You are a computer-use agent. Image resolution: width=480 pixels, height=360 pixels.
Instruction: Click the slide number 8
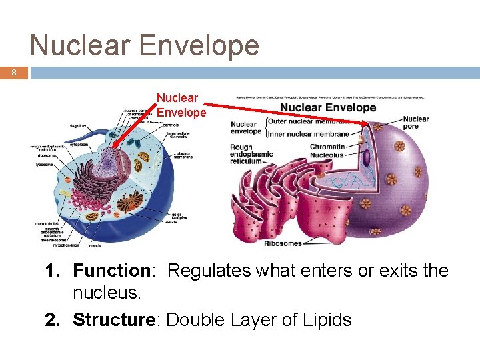point(13,73)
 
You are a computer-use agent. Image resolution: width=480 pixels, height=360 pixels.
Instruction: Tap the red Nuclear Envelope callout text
point(181,105)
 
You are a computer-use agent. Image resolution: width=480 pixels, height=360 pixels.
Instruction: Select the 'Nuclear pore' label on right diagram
point(415,123)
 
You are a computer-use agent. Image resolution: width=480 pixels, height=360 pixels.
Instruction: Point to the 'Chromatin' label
point(327,147)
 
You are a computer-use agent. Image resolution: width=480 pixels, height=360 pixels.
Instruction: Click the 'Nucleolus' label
point(327,155)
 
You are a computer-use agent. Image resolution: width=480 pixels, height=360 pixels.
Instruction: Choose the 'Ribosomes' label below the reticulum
point(283,244)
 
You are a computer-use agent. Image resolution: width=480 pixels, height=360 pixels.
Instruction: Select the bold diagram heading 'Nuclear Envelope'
point(328,107)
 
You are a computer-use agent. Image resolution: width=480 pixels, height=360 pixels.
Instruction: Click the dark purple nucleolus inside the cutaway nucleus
point(366,157)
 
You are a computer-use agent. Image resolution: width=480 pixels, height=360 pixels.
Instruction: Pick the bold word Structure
point(113,320)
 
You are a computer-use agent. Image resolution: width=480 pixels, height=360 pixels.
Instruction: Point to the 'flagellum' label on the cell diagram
point(79,125)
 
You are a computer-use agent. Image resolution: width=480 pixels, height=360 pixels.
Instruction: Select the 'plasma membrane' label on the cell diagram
point(184,155)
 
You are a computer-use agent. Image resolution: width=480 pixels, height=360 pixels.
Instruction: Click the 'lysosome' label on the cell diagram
point(46,164)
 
